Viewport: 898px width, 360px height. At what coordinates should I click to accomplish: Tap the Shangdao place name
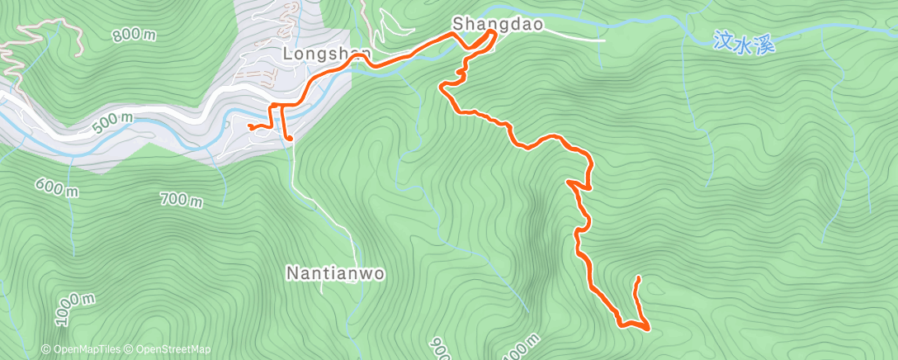[498, 25]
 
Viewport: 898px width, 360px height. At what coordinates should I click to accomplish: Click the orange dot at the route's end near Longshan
[290, 138]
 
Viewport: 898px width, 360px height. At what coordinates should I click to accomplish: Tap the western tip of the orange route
[248, 126]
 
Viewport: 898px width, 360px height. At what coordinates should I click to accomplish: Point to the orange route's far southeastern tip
[637, 279]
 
